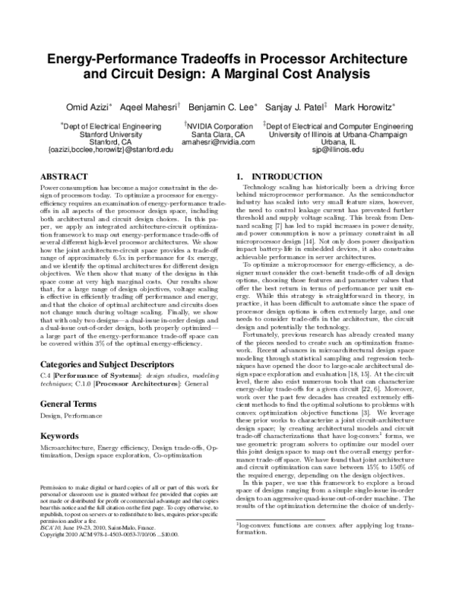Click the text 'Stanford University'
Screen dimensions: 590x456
[x=110, y=134]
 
